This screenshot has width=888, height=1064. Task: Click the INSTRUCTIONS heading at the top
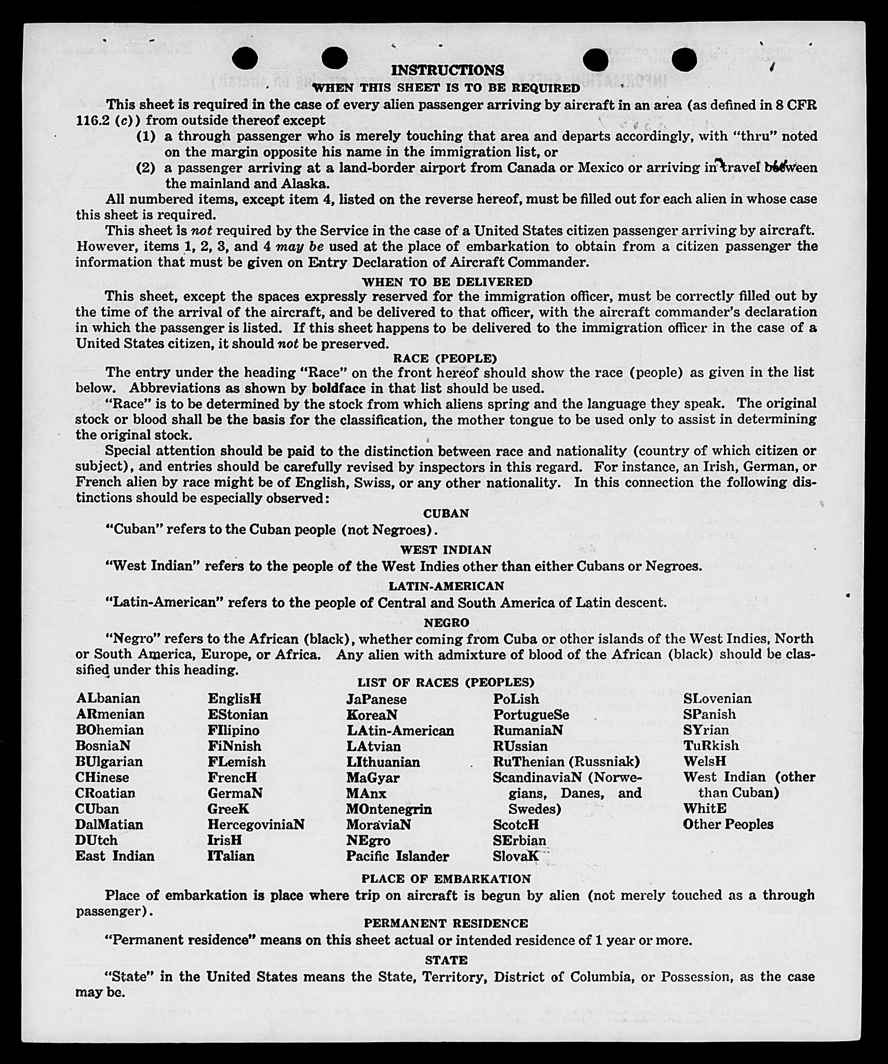pos(447,70)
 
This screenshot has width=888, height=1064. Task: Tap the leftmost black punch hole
pos(245,58)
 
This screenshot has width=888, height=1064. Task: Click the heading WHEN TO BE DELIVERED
pos(447,282)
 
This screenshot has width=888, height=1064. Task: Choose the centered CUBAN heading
pos(446,513)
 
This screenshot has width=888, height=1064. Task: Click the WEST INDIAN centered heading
pos(446,550)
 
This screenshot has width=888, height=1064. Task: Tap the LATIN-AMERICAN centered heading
pos(447,586)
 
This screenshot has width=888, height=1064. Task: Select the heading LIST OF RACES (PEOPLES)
pos(446,683)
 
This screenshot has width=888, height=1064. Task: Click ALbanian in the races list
pos(108,698)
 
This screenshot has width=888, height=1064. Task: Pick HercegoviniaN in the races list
pos(256,824)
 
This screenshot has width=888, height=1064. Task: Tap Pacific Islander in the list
pos(397,856)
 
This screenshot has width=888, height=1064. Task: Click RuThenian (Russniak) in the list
pos(566,762)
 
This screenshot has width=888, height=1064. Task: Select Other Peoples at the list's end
pos(728,824)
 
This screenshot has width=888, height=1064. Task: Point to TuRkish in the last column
pos(711,746)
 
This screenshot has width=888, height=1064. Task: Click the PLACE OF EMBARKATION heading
pos(446,879)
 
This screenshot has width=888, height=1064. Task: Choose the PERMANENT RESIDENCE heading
pos(446,923)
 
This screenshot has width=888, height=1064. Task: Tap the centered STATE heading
pos(446,960)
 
